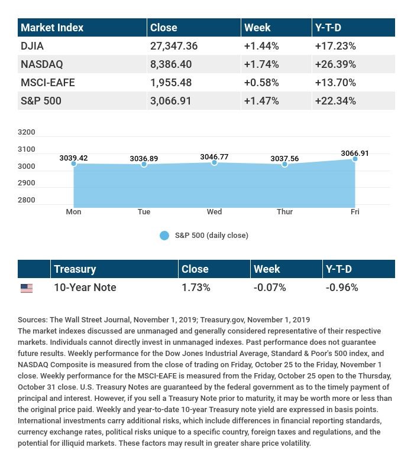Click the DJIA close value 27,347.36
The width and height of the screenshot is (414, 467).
pos(174,46)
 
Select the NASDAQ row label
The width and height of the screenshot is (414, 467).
pos(42,64)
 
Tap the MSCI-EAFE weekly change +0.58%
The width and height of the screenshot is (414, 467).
pos(261,83)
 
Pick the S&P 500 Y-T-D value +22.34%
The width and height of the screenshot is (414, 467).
pos(335,101)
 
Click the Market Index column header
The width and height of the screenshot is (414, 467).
pos(52,28)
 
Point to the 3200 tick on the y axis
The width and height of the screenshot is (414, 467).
pos(26,132)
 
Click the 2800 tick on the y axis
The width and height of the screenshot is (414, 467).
pos(26,200)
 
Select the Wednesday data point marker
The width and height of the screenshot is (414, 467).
pos(214,162)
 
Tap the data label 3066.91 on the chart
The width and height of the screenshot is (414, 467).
pos(355,154)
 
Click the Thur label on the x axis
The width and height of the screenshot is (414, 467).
pos(284,212)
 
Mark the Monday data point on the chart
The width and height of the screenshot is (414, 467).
pos(74,164)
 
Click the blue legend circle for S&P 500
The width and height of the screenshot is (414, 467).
pos(164,236)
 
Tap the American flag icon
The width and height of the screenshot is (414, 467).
pos(27,288)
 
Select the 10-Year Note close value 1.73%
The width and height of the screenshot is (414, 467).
pos(196,288)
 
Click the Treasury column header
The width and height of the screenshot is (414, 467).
pos(75,269)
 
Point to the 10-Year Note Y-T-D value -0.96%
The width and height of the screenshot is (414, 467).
pos(342,288)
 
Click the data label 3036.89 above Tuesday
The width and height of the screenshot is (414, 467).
pos(144,159)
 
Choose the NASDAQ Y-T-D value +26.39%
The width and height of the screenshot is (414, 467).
pos(335,64)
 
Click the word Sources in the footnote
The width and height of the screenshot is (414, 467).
pos(33,320)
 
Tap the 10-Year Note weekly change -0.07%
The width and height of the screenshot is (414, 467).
pos(270,288)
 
